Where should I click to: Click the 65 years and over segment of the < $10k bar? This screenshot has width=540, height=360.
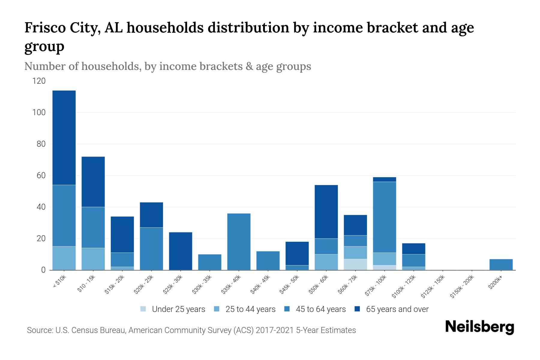coord(64,138)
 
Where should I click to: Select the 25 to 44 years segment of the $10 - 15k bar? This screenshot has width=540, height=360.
coord(93,259)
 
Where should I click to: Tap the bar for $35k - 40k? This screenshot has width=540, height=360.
coord(239,241)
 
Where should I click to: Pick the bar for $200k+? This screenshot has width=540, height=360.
coord(501,264)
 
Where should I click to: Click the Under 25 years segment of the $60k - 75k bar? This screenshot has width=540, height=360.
coord(355,264)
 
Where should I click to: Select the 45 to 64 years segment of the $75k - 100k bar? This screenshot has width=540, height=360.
coord(384,217)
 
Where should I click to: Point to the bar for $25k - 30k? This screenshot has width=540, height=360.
coord(181,251)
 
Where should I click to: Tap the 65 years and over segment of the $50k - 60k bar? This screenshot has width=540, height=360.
coord(326,211)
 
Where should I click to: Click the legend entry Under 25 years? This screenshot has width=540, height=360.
coord(178,309)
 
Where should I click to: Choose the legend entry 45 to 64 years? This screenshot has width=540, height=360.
coord(321,309)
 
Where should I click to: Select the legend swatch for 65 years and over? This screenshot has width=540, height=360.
coord(357,309)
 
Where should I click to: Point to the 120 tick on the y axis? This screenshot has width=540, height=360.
coord(39,81)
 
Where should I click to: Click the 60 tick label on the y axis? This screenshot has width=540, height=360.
coord(41,175)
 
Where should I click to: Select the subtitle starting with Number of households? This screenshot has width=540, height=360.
coord(168,66)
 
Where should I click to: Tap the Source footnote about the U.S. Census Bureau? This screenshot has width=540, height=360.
coord(191,330)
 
